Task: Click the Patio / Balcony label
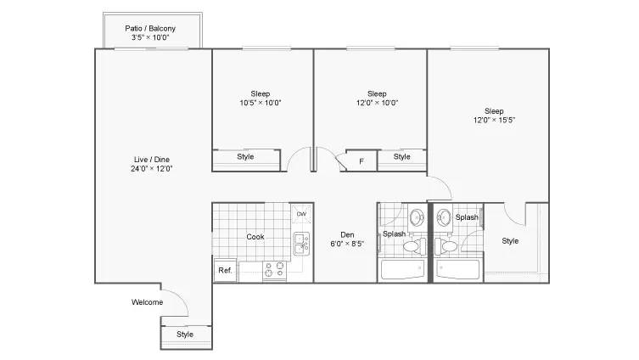(150, 29)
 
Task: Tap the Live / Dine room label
(152, 160)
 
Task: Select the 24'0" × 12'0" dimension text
(152, 169)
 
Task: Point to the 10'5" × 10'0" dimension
(261, 103)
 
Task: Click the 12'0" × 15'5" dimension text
(494, 121)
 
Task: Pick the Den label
(347, 235)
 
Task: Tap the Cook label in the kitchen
(255, 237)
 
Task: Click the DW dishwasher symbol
(301, 214)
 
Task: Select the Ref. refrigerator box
(226, 270)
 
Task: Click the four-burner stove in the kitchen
(274, 270)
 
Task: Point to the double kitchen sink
(301, 244)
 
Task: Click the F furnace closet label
(361, 161)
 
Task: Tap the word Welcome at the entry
(147, 302)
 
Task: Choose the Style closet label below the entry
(185, 335)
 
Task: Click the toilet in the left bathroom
(414, 246)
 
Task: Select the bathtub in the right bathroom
(458, 269)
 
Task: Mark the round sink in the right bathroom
(443, 217)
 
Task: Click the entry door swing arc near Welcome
(180, 297)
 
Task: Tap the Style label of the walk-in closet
(510, 241)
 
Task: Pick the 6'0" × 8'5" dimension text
(347, 245)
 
